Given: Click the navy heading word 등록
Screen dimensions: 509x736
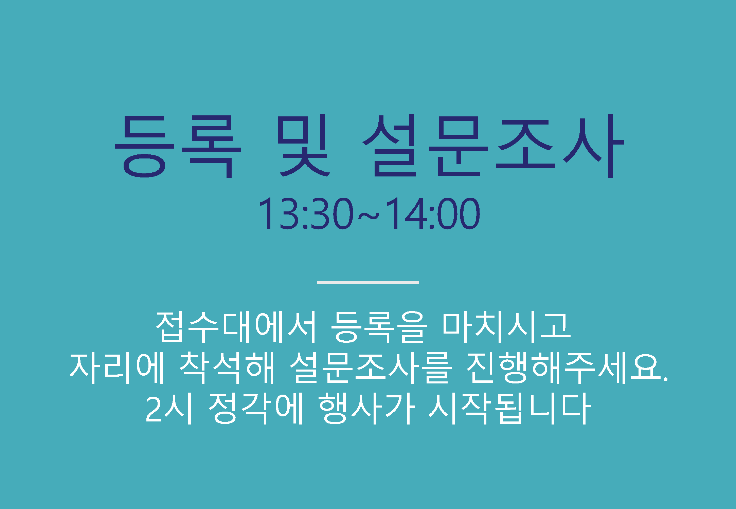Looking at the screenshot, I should tap(178, 147).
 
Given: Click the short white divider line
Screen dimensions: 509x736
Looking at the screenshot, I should tap(368, 282).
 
